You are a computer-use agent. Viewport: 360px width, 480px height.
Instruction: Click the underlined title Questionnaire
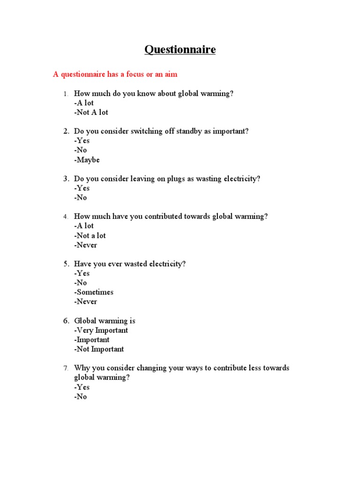180,50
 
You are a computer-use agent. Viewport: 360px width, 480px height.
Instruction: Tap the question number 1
66,94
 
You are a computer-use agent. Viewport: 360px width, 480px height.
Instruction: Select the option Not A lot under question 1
91,112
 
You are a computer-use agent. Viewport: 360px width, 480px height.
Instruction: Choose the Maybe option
87,160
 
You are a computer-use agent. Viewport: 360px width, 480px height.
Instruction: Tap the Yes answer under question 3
82,188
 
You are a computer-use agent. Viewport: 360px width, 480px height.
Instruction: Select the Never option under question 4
85,245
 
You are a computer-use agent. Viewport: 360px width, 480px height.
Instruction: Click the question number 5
67,264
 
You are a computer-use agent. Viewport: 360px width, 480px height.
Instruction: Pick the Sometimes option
94,292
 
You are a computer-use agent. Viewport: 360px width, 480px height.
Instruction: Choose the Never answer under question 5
85,301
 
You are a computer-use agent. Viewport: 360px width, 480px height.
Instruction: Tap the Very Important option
101,330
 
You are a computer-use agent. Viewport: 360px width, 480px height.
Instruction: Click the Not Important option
99,349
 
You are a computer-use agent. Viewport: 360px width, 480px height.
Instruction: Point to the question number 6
67,321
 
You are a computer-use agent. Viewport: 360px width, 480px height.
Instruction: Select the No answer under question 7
80,397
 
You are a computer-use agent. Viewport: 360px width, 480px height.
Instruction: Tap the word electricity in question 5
166,264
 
